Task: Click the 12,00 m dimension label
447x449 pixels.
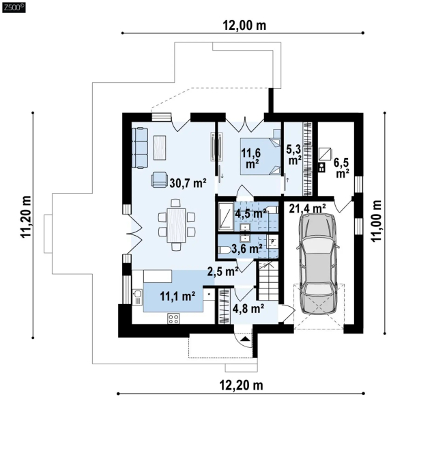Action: coord(244,25)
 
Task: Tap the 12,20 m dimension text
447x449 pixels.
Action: coord(241,385)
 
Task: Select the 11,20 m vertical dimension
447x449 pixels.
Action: coord(25,217)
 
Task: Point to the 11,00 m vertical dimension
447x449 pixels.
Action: coord(376,221)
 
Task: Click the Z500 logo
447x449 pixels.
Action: coord(14,8)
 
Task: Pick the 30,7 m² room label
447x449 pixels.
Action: coord(188,182)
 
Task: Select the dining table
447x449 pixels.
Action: coord(177,225)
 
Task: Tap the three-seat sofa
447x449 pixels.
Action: coord(140,148)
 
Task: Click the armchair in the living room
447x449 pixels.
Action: coord(159,180)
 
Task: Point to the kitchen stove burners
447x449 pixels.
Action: coord(173,318)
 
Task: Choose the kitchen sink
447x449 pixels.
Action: coord(137,297)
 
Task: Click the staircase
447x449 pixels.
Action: coord(269,281)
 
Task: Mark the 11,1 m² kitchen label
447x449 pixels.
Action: coord(177,296)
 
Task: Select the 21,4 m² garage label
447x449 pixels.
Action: coord(307,208)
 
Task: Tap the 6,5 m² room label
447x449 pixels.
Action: coord(342,168)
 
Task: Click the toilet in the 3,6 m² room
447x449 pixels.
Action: coord(224,250)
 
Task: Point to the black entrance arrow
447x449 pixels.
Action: coord(244,340)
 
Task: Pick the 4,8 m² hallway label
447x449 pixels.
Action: coord(248,309)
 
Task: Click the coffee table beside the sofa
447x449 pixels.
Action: coord(160,148)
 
